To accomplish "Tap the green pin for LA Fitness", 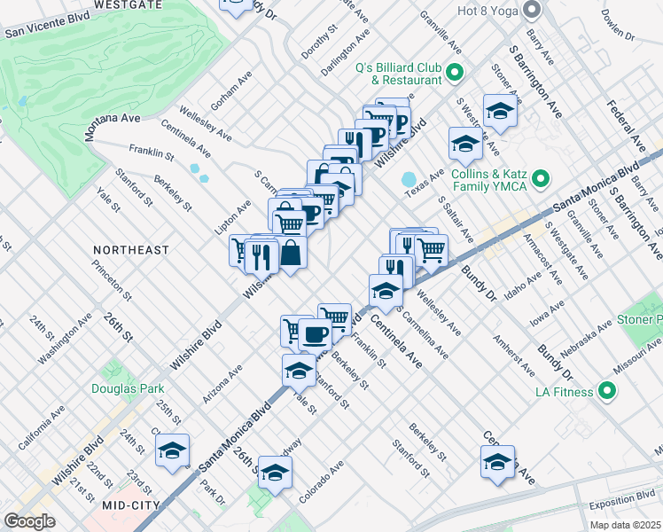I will pyautogui.click(x=608, y=390).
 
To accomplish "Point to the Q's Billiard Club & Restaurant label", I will pyautogui.click(x=398, y=73).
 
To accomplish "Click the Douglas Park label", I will pyautogui.click(x=121, y=388).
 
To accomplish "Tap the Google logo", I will pyautogui.click(x=30, y=521).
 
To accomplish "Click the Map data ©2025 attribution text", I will pyautogui.click(x=625, y=525).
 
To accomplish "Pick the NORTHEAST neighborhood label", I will pyautogui.click(x=131, y=251).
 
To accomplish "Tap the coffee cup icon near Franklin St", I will pyautogui.click(x=315, y=335).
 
